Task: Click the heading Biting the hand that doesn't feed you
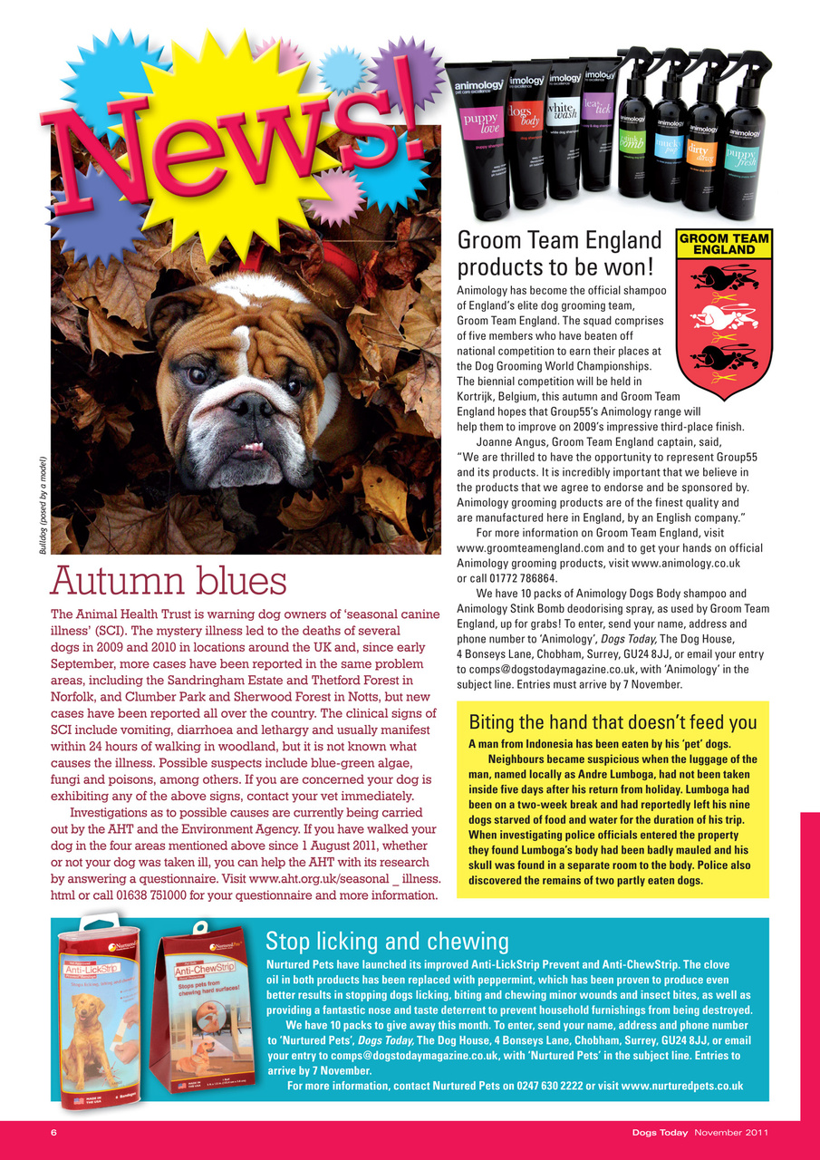[613, 722]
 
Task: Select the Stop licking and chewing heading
[387, 940]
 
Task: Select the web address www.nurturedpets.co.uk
[682, 1086]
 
